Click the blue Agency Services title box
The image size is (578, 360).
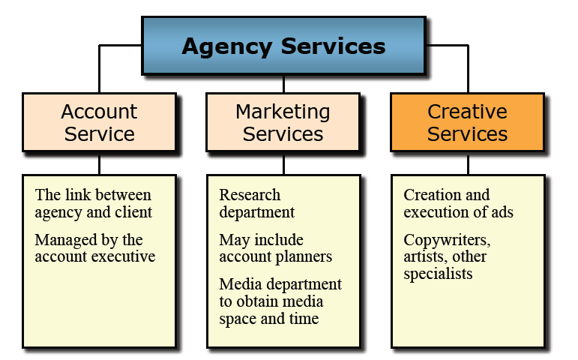click(283, 46)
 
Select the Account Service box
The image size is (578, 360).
click(99, 123)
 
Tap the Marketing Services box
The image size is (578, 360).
click(283, 123)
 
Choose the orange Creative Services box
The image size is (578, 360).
click(467, 123)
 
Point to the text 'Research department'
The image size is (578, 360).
click(256, 203)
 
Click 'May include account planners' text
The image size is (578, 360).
click(274, 248)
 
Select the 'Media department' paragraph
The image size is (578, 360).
click(280, 301)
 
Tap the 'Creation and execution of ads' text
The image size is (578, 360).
click(458, 203)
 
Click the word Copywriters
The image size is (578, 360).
click(446, 241)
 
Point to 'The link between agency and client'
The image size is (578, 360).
click(93, 203)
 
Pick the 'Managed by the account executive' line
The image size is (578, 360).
click(94, 248)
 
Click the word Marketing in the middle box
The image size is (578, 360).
click(283, 112)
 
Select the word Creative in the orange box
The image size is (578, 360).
click(467, 112)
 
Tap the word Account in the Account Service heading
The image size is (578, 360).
click(99, 112)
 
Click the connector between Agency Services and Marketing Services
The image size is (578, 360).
click(283, 83)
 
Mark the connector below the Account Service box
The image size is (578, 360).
click(99, 163)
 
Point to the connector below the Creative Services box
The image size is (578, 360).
click(468, 163)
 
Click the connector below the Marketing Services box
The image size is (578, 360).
click(283, 163)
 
